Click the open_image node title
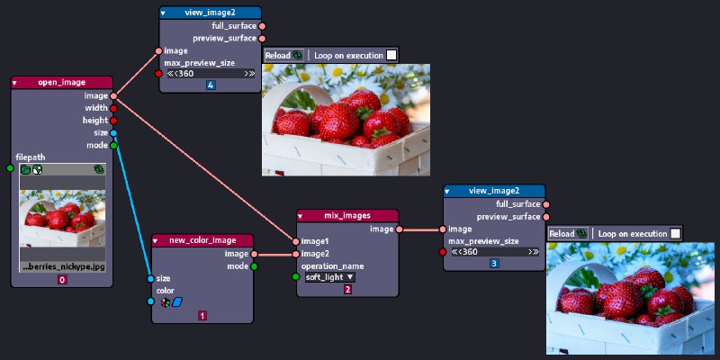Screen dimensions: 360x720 click(x=61, y=83)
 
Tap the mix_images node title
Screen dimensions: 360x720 click(x=346, y=216)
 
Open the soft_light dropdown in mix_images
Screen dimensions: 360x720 click(x=329, y=277)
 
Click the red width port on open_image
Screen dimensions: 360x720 click(x=113, y=108)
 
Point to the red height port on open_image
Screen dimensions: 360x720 click(x=113, y=120)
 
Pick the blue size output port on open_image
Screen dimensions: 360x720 click(x=113, y=132)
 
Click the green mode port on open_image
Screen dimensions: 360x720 click(x=113, y=145)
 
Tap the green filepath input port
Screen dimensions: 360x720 click(x=10, y=168)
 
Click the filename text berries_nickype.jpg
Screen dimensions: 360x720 click(x=62, y=267)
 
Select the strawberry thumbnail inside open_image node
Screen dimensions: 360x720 click(x=62, y=217)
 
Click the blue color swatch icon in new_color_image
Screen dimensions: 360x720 click(x=177, y=302)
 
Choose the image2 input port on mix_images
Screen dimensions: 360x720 click(x=296, y=254)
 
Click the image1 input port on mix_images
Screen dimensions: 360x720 click(x=296, y=241)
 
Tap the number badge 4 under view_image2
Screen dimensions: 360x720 click(x=211, y=85)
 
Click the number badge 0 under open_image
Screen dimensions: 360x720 click(x=62, y=280)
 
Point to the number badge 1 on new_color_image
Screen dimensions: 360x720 click(x=202, y=316)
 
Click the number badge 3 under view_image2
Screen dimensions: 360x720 click(x=494, y=263)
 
